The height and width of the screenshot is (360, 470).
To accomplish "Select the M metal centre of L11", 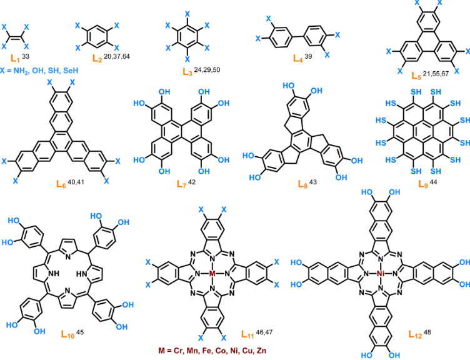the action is pyautogui.click(x=212, y=273).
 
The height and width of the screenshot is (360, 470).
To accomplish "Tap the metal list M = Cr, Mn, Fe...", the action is pyautogui.click(x=212, y=351).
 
